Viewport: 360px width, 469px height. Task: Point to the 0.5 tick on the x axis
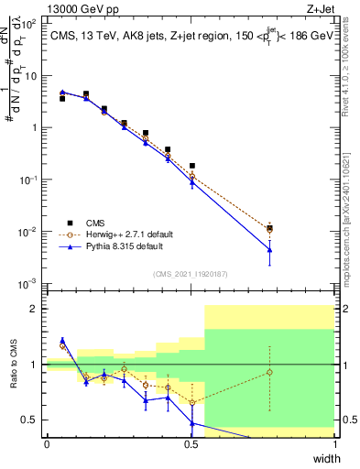[191, 444]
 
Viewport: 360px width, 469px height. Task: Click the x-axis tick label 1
[335, 444]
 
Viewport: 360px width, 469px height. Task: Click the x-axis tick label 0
[47, 444]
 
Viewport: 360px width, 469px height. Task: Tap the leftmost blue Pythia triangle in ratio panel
[62, 340]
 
